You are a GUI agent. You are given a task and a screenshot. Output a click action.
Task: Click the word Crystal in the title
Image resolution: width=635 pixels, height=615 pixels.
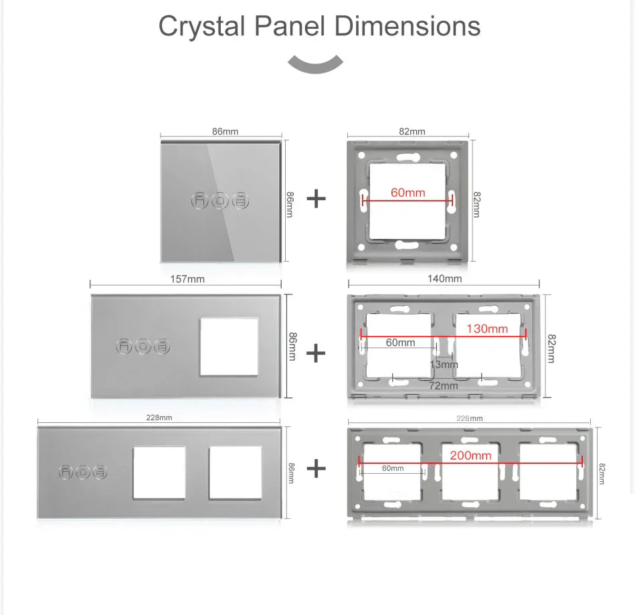pos(202,27)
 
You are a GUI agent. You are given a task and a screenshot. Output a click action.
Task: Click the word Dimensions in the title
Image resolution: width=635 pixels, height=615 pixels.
pos(407,25)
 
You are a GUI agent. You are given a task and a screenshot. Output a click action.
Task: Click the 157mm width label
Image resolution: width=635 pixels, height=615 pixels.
pos(187,279)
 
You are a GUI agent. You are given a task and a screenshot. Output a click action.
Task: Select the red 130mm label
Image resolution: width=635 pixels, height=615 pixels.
pos(486,329)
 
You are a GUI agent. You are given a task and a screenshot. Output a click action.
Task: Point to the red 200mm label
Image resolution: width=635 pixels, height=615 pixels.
pos(470,455)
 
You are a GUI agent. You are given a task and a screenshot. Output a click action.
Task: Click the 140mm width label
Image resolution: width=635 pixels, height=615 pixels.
pos(445,278)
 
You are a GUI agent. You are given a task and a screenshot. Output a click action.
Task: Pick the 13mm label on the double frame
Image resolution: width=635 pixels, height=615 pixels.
pos(444,364)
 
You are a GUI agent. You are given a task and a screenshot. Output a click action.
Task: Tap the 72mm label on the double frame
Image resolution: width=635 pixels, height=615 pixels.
pos(444,385)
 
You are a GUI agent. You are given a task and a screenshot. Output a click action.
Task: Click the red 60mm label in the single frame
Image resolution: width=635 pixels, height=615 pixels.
pos(407,193)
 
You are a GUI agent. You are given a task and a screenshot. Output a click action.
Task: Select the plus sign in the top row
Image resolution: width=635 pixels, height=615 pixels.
pos(316,199)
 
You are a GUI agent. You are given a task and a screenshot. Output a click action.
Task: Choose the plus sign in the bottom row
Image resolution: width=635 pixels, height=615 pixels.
pos(316,468)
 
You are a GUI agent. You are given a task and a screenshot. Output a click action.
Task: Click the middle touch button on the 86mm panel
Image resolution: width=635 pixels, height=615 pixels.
pos(220,201)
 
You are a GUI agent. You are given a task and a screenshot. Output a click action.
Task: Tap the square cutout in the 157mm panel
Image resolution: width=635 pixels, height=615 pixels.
pos(229,347)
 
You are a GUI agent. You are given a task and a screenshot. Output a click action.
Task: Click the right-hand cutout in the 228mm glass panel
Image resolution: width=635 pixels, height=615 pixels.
pos(236,473)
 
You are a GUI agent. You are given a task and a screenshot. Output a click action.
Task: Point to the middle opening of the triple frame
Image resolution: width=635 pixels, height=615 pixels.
pos(470,472)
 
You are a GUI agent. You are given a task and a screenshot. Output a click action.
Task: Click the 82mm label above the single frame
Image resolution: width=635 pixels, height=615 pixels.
pos(412,131)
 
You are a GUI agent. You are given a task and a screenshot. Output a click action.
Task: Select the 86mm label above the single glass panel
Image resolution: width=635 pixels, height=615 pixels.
pos(225,131)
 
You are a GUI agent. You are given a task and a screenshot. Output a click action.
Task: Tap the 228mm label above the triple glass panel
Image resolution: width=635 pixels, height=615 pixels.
pos(159,418)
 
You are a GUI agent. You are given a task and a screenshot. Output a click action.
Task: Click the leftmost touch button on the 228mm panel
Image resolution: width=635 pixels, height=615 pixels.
pos(66,472)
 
